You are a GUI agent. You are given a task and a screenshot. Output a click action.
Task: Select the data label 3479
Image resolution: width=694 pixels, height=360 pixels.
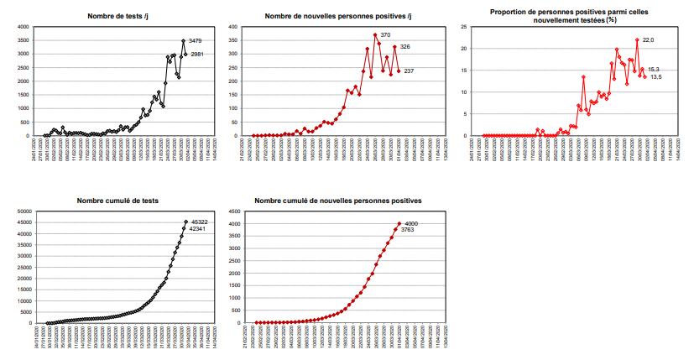tap(195, 40)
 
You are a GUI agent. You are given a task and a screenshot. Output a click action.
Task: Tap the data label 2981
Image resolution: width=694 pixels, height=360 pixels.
tap(197, 55)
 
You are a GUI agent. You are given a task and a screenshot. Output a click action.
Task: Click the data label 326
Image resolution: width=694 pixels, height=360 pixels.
tap(405, 46)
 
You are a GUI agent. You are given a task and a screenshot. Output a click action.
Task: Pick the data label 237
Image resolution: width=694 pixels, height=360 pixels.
tap(409, 71)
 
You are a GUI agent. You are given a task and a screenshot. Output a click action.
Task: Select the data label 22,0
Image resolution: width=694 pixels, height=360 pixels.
tap(650, 39)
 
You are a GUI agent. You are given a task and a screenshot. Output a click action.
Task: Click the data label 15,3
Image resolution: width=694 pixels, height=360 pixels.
tap(653, 70)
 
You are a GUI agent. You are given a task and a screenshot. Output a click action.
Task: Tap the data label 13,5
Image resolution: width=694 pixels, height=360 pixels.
tap(656, 76)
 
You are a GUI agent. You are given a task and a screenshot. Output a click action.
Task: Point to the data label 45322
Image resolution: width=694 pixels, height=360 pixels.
tap(200, 222)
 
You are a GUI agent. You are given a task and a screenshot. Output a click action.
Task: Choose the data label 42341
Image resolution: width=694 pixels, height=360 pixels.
tap(197, 228)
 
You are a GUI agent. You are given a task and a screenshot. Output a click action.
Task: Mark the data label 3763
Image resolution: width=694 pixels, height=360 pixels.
tap(408, 230)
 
